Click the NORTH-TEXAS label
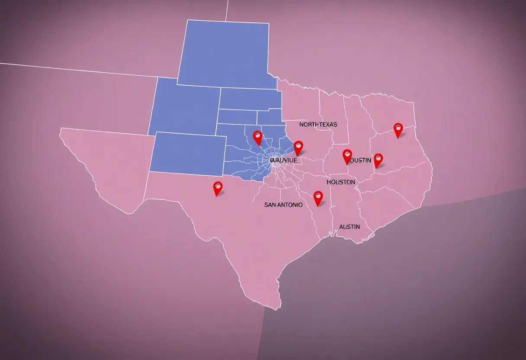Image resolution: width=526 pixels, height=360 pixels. (318, 124)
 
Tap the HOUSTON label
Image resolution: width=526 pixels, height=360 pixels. (341, 182)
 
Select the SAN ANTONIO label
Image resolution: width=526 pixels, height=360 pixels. (283, 205)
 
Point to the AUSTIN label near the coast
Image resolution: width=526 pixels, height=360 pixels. (350, 227)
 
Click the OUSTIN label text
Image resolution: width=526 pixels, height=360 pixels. (360, 160)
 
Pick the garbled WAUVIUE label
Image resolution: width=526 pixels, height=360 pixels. (283, 160)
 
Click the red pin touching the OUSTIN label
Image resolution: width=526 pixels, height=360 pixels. (347, 156)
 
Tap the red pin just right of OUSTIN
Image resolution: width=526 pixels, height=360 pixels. (378, 160)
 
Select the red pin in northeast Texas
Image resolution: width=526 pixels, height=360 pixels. (398, 129)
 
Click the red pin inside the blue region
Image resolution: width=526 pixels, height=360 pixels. (257, 138)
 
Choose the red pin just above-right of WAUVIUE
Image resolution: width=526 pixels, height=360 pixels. (298, 148)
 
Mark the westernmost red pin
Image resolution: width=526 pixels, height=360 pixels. (218, 188)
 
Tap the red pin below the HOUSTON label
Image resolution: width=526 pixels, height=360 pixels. (318, 198)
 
